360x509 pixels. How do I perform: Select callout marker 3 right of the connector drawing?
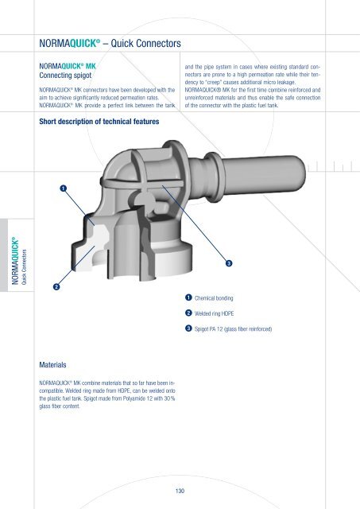pos(229,262)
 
